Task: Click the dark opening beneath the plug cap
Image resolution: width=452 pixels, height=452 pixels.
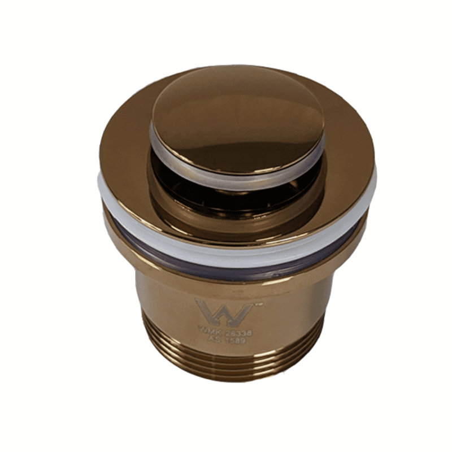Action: point(237,189)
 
